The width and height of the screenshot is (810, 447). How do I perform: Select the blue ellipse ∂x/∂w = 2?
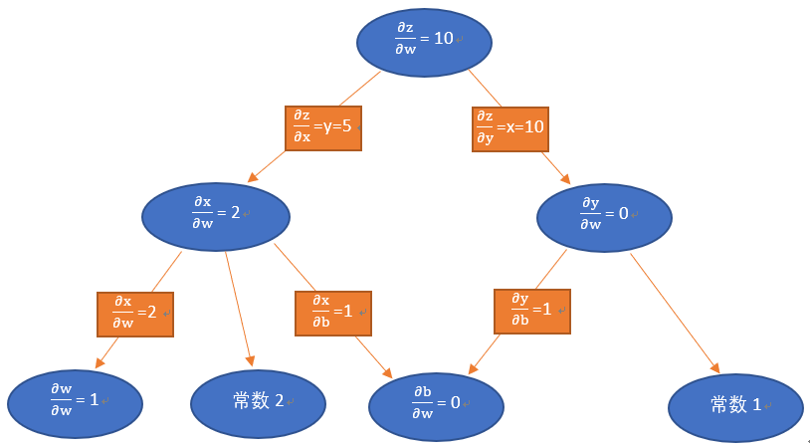click(x=216, y=215)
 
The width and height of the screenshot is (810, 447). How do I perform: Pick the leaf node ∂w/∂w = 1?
click(x=75, y=402)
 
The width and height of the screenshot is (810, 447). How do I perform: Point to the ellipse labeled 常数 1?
click(x=735, y=406)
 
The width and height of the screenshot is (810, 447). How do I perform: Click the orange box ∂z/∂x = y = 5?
click(x=323, y=128)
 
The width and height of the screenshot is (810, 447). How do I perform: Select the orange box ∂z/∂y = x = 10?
click(x=509, y=128)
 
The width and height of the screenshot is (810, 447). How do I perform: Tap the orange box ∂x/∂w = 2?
click(x=134, y=313)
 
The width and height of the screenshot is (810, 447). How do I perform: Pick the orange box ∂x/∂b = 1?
click(x=332, y=313)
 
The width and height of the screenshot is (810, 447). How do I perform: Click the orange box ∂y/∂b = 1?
click(x=532, y=311)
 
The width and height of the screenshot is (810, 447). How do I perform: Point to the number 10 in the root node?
click(x=444, y=38)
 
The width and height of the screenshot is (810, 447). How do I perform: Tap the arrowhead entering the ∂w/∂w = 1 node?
click(x=100, y=364)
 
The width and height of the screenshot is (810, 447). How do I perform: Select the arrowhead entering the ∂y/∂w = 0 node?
click(x=565, y=179)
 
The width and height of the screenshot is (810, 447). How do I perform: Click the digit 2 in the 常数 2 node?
click(x=280, y=401)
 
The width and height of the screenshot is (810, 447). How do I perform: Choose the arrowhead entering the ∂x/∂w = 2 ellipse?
click(x=253, y=177)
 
